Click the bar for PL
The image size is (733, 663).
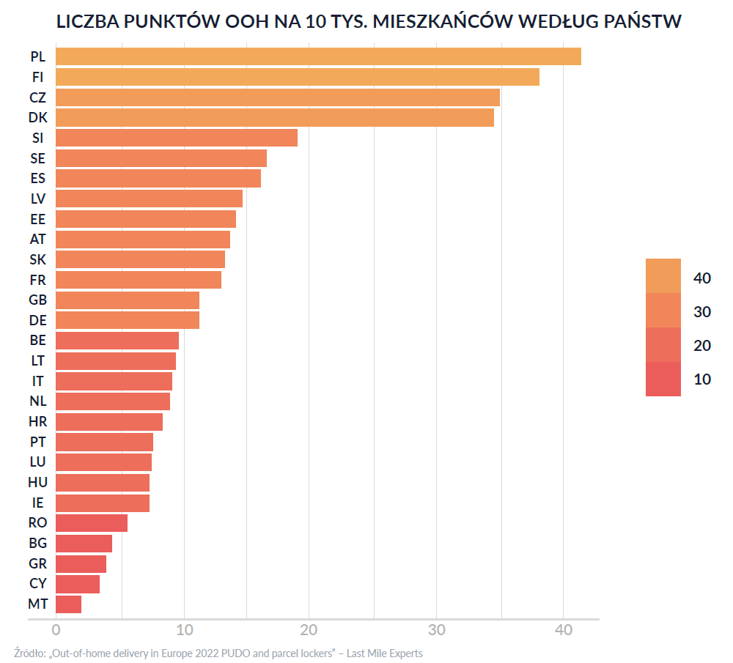coord(318,56)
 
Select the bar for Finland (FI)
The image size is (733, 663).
coord(297,77)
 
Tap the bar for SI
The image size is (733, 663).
coord(176,138)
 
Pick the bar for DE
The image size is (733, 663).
coord(127,320)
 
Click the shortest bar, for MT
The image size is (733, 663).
coord(68,604)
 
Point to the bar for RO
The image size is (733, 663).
coord(91,523)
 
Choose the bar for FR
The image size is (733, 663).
coord(138,280)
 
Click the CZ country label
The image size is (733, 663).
coord(38,97)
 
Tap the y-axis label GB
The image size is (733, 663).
coord(38,300)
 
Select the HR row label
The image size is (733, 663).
coord(38,422)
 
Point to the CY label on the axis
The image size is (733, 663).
coord(38,584)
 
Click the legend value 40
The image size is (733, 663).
coord(702,278)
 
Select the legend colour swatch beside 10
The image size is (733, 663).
coord(663,379)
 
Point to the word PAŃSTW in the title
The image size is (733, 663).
coord(640,22)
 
